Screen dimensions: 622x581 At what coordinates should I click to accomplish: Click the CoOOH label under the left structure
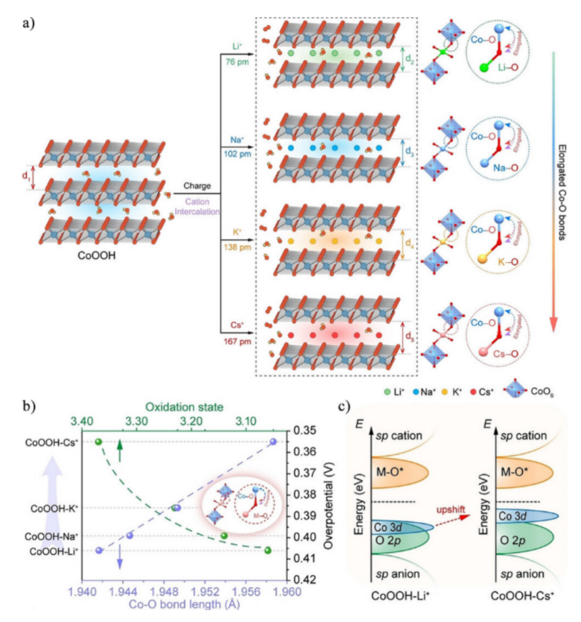97,256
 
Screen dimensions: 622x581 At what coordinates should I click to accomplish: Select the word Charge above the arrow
197,186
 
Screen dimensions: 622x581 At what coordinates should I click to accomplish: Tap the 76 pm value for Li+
237,62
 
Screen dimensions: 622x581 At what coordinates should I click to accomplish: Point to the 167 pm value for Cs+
237,342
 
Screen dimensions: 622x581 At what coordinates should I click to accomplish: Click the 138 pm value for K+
237,248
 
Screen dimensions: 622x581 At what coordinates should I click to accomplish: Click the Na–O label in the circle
506,168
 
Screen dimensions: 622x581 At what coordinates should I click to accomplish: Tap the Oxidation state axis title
184,407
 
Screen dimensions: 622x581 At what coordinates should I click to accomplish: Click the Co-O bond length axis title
184,604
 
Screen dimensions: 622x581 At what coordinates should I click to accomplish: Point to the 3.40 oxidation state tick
81,421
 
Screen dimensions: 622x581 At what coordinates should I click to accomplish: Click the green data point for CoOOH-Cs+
98,442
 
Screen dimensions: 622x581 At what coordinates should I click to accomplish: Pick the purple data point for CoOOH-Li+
99,550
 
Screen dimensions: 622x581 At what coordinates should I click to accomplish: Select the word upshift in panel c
450,509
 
